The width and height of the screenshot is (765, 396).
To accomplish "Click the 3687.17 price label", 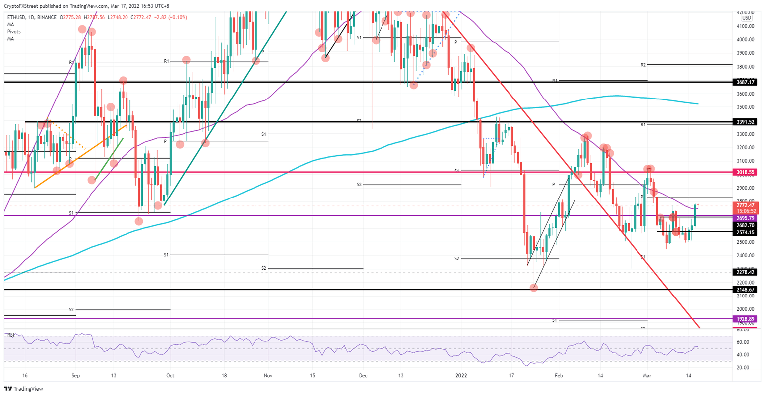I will pyautogui.click(x=746, y=82).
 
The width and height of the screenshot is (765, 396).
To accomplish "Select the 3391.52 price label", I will pyautogui.click(x=746, y=122).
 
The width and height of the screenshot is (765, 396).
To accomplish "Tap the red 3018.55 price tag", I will pyautogui.click(x=746, y=172).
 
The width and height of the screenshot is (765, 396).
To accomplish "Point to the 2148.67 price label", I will pyautogui.click(x=746, y=290).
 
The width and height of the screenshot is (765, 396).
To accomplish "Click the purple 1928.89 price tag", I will pyautogui.click(x=746, y=319).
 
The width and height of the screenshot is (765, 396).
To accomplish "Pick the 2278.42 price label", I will pyautogui.click(x=746, y=272).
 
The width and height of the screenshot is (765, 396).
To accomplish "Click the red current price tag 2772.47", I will pyautogui.click(x=746, y=205).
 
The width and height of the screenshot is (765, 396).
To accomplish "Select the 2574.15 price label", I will pyautogui.click(x=746, y=232).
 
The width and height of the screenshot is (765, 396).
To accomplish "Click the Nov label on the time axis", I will pyautogui.click(x=267, y=376).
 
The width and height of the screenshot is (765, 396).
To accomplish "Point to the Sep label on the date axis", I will pyautogui.click(x=75, y=376).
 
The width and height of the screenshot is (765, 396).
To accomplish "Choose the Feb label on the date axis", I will pyautogui.click(x=559, y=376).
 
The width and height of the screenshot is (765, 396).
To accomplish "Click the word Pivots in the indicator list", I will pyautogui.click(x=14, y=32).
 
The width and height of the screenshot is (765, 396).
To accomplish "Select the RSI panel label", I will pyautogui.click(x=9, y=335).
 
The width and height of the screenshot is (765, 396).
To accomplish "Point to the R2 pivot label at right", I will pyautogui.click(x=643, y=65).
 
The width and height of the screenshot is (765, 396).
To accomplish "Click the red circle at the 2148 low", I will pyautogui.click(x=534, y=288).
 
